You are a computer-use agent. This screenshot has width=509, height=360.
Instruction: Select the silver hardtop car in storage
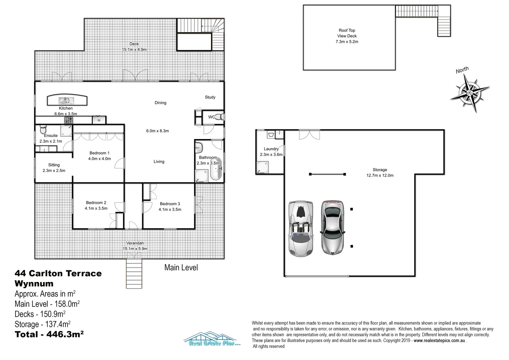[x=332, y=227]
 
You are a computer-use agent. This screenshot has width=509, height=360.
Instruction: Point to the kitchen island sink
[x=65, y=100]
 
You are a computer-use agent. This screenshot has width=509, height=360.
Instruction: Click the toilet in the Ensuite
[x=43, y=129]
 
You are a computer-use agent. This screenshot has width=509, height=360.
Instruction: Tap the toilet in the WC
[x=219, y=117]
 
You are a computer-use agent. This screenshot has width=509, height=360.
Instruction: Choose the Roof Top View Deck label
[x=347, y=36]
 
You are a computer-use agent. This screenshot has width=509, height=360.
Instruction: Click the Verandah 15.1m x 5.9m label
[x=135, y=246]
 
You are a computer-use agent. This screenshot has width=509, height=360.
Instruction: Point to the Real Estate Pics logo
[x=212, y=339]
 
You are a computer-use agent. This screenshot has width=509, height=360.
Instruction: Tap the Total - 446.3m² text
[x=49, y=334]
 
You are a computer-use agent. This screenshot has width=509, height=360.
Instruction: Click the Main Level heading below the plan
[x=181, y=267]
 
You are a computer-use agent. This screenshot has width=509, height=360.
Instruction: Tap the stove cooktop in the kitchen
[x=69, y=120]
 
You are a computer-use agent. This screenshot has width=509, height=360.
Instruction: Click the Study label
[x=210, y=97]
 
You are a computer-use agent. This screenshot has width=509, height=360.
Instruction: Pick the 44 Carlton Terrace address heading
[x=58, y=274]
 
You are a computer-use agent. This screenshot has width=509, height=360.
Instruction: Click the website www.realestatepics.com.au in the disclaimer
[x=439, y=340]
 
